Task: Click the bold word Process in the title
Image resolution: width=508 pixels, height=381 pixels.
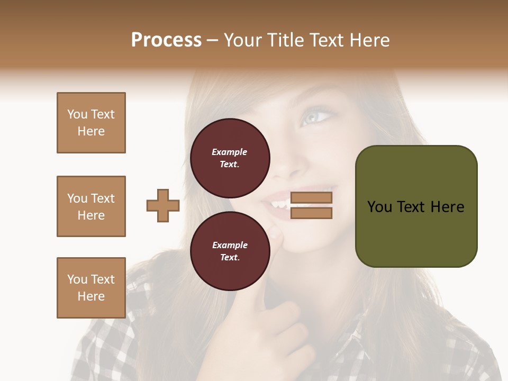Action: (166, 40)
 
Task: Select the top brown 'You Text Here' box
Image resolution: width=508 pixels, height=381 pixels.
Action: (91, 123)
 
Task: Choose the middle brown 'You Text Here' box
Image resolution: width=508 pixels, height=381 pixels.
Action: (91, 206)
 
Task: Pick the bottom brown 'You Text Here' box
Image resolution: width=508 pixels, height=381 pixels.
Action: (91, 288)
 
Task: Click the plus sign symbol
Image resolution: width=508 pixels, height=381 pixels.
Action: (163, 205)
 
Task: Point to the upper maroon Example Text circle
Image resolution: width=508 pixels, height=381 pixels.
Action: (230, 158)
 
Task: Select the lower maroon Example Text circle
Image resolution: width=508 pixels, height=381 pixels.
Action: (230, 251)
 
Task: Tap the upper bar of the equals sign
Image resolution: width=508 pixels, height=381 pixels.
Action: (311, 198)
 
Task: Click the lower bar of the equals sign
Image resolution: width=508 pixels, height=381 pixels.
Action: (311, 213)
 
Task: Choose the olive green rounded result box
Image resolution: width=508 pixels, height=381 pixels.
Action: (416, 206)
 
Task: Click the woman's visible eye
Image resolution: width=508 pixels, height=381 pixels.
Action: (316, 115)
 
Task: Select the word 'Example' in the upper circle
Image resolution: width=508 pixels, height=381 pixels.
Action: (230, 152)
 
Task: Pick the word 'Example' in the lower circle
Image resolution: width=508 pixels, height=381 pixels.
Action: (230, 245)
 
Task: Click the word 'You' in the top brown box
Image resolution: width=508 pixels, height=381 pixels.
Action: (77, 114)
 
